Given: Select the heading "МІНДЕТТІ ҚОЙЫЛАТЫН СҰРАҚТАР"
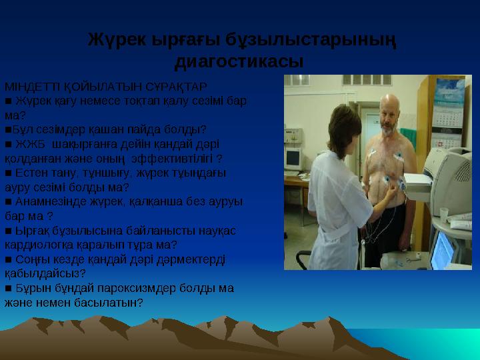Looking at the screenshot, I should (106, 87).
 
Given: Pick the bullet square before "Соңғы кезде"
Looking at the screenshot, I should (8, 259).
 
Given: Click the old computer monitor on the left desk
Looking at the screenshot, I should (294, 157).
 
